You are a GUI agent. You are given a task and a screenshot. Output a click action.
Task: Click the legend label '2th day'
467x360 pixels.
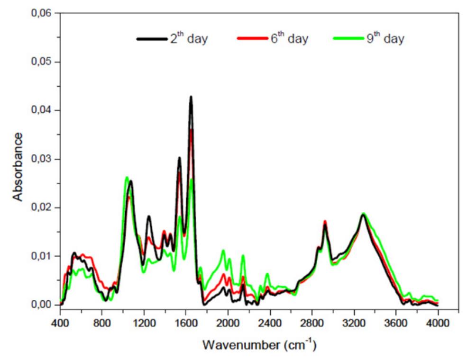[x=188, y=39]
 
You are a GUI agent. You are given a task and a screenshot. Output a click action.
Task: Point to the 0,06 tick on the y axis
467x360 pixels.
[x=42, y=13]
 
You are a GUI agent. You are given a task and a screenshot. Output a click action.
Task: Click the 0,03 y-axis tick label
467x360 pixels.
[x=42, y=159]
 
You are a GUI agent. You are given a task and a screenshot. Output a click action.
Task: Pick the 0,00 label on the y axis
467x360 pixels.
[x=42, y=305]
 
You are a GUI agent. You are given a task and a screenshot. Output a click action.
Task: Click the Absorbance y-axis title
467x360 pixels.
[x=18, y=166]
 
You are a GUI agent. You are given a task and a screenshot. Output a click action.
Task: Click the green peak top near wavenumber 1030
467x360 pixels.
[x=126, y=178]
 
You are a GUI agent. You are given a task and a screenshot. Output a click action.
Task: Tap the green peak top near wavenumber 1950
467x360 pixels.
[x=223, y=251]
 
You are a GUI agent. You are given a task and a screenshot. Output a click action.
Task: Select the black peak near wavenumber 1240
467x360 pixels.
[x=148, y=216]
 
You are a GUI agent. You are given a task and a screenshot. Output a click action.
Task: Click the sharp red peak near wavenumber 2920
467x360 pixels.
[x=325, y=221]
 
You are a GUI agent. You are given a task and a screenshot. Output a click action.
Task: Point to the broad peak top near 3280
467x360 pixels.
[x=363, y=214]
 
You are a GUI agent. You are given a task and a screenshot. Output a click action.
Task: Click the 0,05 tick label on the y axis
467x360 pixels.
[x=42, y=62]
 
